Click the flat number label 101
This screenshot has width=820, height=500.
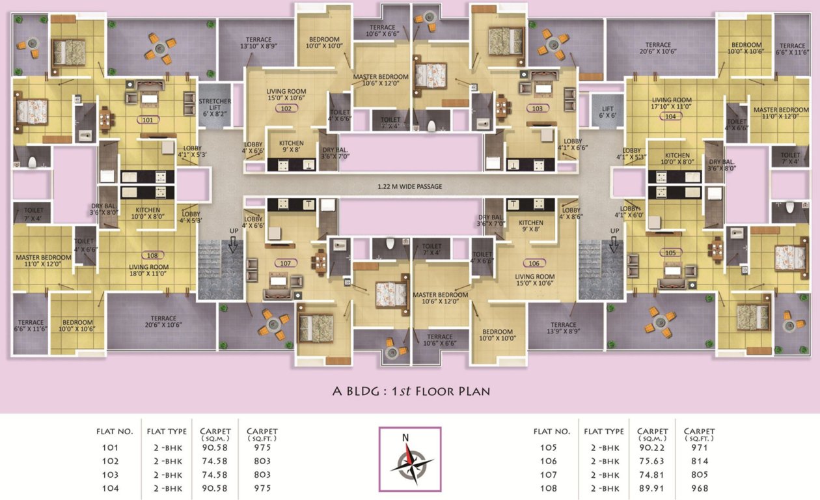[x=148, y=120]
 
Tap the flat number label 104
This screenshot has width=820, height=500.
[x=671, y=116]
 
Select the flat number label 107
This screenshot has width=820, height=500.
[x=284, y=264]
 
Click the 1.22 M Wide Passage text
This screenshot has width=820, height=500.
[x=410, y=187]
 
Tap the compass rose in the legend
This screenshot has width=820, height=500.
[x=410, y=458]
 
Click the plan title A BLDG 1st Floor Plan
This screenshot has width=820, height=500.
[x=410, y=391]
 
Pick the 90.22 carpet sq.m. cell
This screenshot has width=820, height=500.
[x=652, y=448]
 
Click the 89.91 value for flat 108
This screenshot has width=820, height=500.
[x=652, y=488]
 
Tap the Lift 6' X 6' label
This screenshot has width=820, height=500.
[x=607, y=112]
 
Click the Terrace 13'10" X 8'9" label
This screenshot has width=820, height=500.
[x=259, y=42]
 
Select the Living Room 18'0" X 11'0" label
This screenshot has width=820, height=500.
[x=149, y=271]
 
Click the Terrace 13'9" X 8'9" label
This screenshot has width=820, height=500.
[x=563, y=328]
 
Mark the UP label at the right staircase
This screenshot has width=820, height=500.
[x=614, y=231]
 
